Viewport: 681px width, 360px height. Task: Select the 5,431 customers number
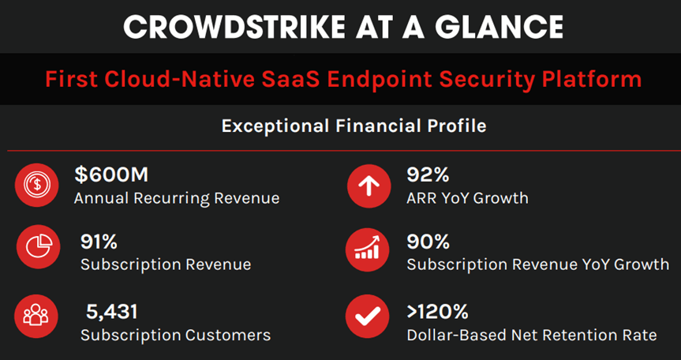112,312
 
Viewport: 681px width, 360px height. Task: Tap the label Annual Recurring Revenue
177,197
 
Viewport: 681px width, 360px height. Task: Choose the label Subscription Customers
175,335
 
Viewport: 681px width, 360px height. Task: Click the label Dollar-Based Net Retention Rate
531,335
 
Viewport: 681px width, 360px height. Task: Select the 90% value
428,242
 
